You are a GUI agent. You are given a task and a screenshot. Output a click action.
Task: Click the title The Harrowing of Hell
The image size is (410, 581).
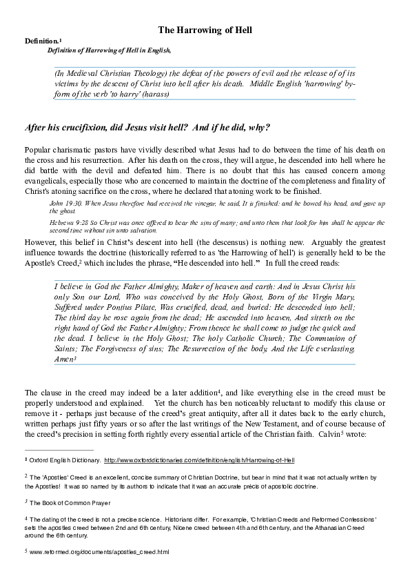tap(205, 30)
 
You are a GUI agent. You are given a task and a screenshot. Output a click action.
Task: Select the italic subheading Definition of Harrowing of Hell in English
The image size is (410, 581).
tap(109, 50)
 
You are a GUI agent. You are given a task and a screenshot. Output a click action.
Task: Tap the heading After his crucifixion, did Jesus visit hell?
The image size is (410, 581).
tap(147, 128)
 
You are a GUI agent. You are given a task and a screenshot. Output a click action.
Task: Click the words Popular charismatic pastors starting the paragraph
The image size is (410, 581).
tap(69, 150)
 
